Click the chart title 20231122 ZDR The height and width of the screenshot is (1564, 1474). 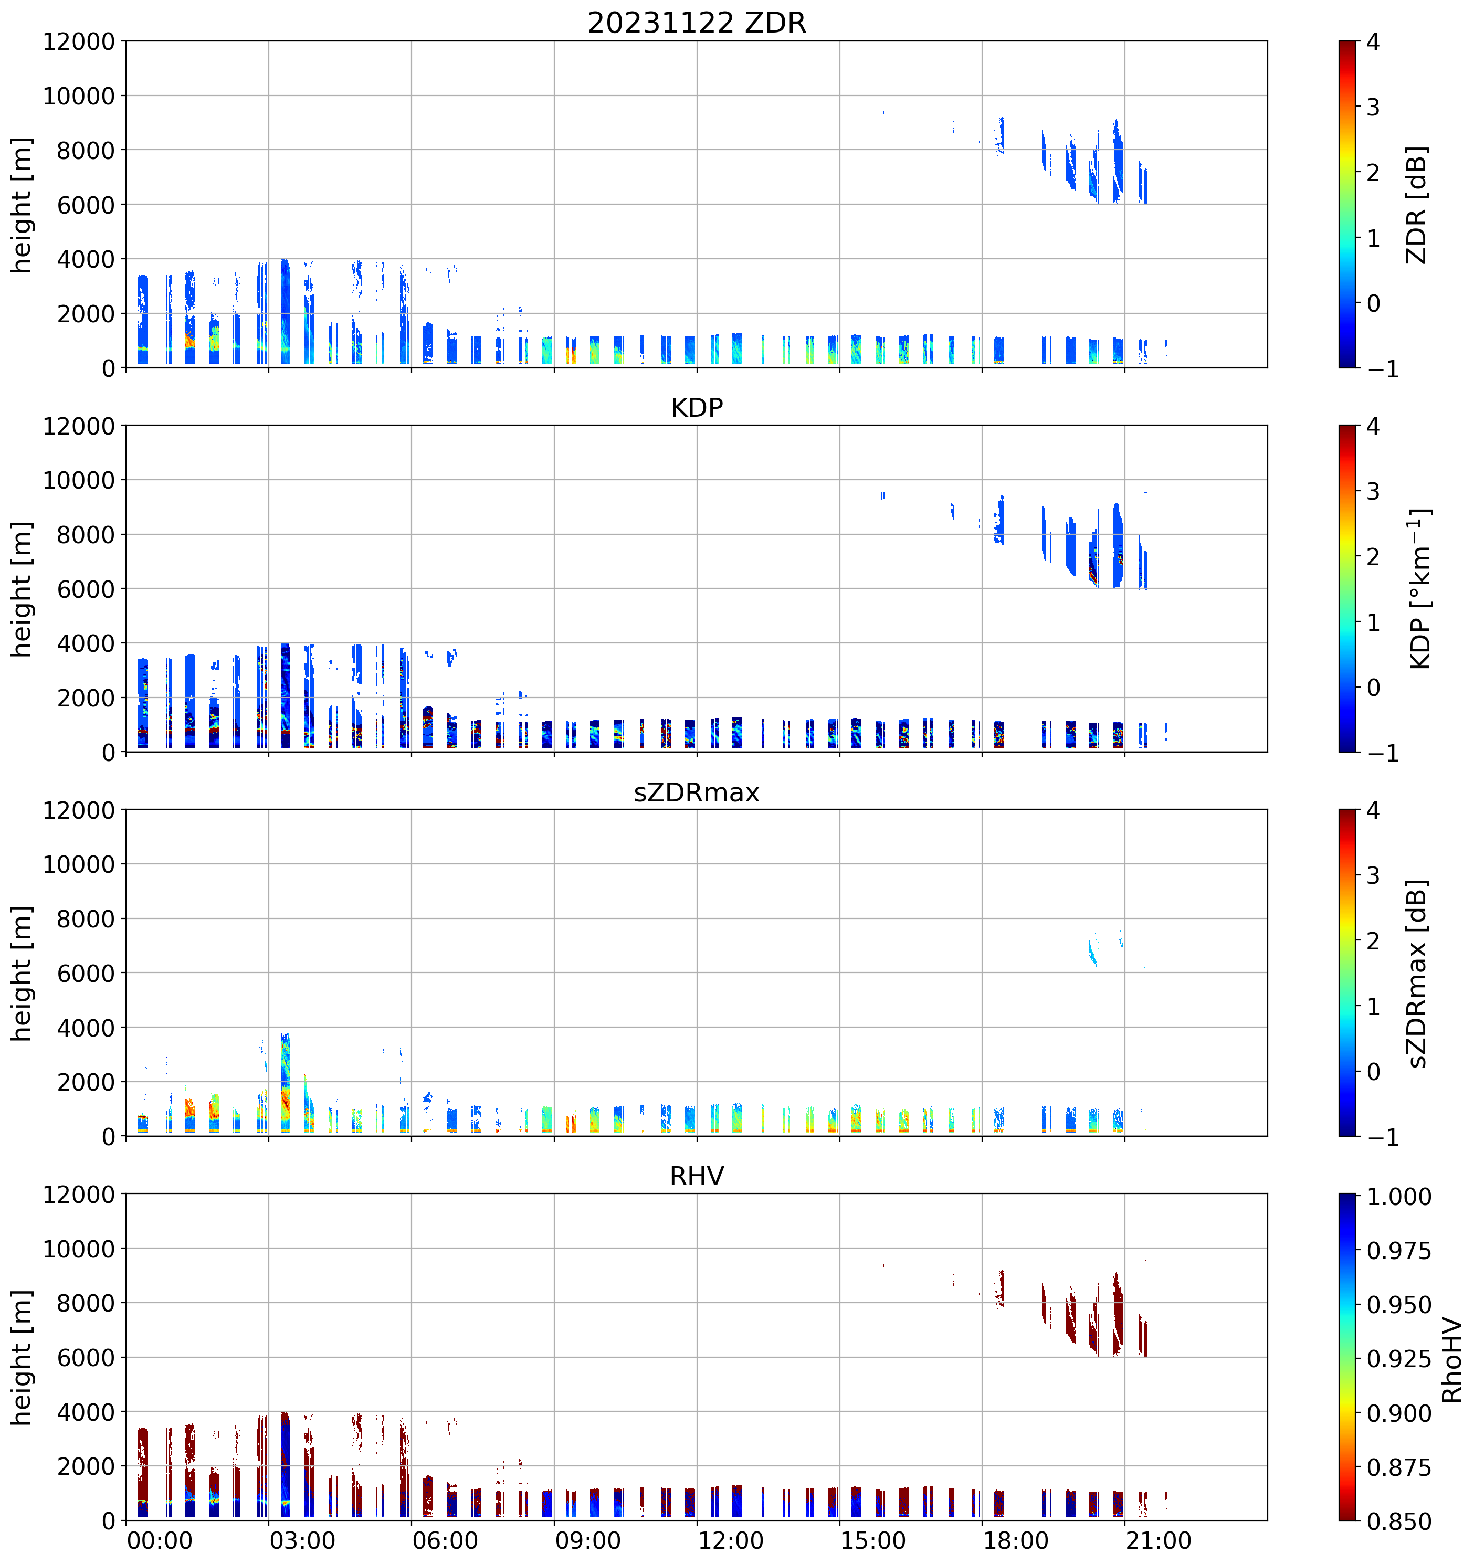coord(697,22)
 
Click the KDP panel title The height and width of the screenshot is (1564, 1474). coord(697,407)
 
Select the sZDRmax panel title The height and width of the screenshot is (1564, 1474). coord(697,792)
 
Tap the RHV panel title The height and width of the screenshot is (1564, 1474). coord(697,1176)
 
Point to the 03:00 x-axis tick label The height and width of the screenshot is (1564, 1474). coord(302,1540)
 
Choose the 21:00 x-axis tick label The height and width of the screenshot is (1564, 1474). coord(1159,1540)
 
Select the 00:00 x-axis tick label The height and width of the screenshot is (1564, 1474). coord(160,1540)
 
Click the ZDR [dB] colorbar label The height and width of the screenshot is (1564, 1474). coord(1417,205)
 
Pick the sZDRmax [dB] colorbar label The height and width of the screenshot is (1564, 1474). coord(1417,973)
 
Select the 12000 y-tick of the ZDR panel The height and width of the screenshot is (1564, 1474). coord(79,41)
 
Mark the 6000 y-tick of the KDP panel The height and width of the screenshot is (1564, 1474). coord(86,588)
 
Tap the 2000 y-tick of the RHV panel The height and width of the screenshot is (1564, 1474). coord(86,1466)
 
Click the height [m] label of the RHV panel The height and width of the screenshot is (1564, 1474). coord(22,1358)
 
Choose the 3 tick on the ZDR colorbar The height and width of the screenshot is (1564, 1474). coord(1373,107)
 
